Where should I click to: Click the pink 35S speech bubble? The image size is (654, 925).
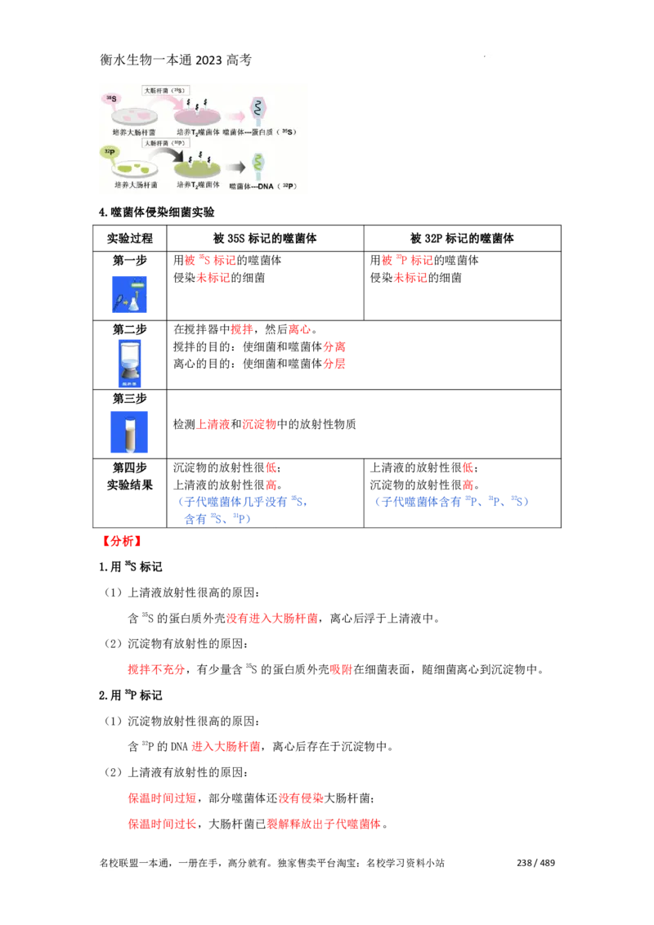pos(111,99)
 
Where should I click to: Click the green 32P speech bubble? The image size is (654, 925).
pos(109,152)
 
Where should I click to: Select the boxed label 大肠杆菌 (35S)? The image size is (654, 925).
pos(167,90)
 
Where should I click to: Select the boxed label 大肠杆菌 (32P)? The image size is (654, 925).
pos(167,142)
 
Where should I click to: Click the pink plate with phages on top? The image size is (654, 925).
pos(198,115)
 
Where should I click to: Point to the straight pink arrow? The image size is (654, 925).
pos(235,115)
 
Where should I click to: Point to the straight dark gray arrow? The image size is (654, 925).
pos(235,168)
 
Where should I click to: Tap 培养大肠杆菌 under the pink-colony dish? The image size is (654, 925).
pos(136,132)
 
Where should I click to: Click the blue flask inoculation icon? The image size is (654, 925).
pos(131,294)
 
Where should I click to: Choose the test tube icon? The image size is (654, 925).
pos(128,431)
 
